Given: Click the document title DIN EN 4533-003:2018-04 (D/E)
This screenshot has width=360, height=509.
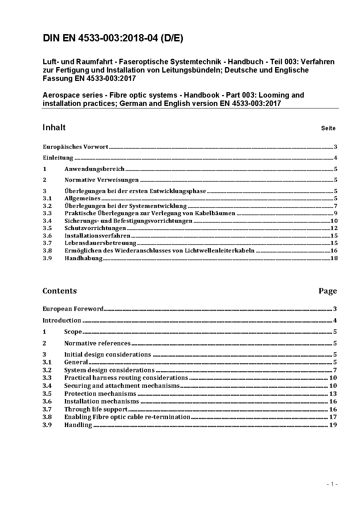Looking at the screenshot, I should [x=113, y=38].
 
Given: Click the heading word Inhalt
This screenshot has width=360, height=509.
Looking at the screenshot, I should [x=54, y=127].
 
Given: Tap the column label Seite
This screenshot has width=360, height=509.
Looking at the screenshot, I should [x=328, y=128].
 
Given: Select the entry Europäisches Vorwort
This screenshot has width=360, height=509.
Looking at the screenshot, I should [x=75, y=147].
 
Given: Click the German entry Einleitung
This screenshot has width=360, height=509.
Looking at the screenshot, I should [x=58, y=158].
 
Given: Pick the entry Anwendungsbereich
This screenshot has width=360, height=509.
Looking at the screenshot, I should [x=94, y=169].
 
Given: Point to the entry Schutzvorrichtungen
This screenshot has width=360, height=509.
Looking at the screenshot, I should [x=95, y=228].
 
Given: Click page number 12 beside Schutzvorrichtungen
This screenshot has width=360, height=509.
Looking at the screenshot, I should [x=334, y=228].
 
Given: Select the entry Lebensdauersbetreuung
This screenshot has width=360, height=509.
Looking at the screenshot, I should [x=100, y=243].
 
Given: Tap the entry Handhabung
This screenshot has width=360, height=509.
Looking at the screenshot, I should [x=83, y=258].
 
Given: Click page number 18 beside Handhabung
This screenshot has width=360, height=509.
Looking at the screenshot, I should [x=334, y=258].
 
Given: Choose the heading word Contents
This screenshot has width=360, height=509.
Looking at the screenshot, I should [x=60, y=291].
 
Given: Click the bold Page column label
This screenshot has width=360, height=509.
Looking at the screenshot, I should [x=328, y=291].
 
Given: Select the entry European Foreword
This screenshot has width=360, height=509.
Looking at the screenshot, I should [x=73, y=309].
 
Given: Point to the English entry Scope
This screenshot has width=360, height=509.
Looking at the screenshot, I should [x=73, y=332].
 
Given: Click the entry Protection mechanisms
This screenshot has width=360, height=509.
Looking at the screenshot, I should [x=100, y=394].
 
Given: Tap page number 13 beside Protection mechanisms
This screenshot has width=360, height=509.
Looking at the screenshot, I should [x=333, y=394].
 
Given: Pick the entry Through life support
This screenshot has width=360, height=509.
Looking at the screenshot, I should [x=96, y=409].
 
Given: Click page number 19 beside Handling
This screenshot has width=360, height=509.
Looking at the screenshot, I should [x=333, y=425].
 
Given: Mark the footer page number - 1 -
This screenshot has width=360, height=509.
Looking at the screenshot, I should [x=332, y=484].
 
